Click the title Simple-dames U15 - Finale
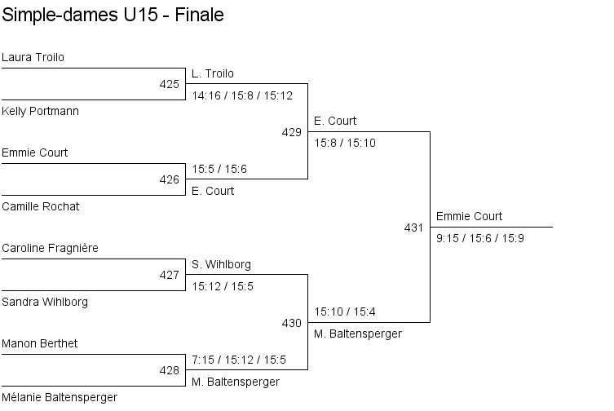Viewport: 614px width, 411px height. (113, 15)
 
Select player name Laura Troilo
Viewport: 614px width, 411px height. (33, 58)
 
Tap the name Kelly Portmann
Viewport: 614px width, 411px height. (41, 111)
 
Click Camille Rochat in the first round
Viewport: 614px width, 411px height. (41, 207)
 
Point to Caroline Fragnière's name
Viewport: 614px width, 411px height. (51, 248)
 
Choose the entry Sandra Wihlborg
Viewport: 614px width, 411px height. (45, 303)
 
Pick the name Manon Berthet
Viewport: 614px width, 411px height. (40, 344)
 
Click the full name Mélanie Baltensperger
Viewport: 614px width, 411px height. (60, 398)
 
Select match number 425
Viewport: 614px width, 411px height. (169, 84)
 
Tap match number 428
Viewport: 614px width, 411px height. (169, 370)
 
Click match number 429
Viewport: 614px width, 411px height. (291, 132)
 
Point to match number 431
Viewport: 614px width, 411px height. (413, 228)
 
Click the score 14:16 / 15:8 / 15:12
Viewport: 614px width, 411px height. (242, 95)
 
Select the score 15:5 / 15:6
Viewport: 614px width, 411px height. (219, 169)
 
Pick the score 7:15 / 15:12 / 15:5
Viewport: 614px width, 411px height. (239, 360)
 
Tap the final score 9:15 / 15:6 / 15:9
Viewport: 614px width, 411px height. (480, 238)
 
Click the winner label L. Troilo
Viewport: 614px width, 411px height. (213, 74)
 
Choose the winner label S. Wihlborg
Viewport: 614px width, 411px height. (222, 265)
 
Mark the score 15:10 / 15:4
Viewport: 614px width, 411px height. (345, 312)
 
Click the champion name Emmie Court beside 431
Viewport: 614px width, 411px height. (470, 217)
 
